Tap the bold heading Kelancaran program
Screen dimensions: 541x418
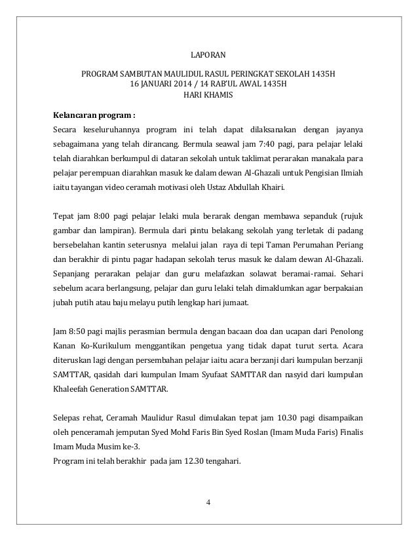[x=88, y=111]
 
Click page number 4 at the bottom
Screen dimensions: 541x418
[x=208, y=503]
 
